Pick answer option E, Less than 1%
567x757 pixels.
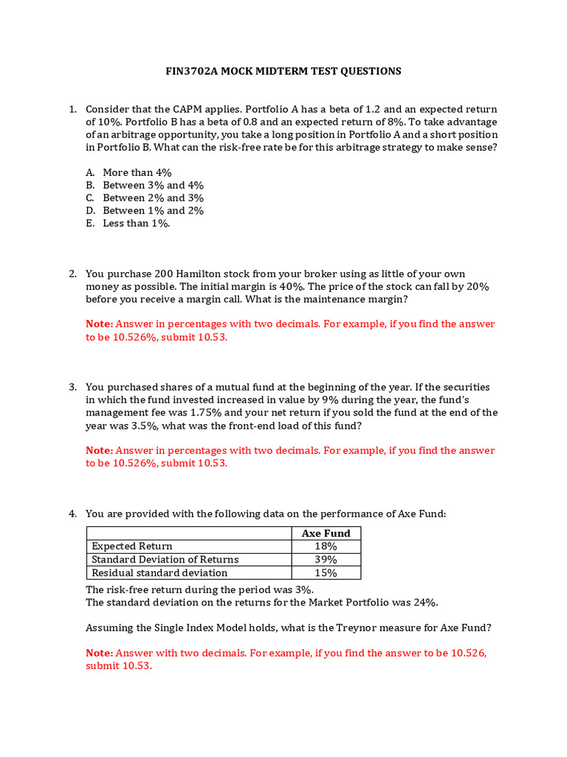[136, 223]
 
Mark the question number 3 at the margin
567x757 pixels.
[73, 387]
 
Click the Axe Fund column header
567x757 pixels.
[326, 533]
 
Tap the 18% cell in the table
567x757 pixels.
[326, 546]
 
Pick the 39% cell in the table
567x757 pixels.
[326, 560]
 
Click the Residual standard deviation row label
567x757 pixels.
[159, 573]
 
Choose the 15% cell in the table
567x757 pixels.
[326, 573]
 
